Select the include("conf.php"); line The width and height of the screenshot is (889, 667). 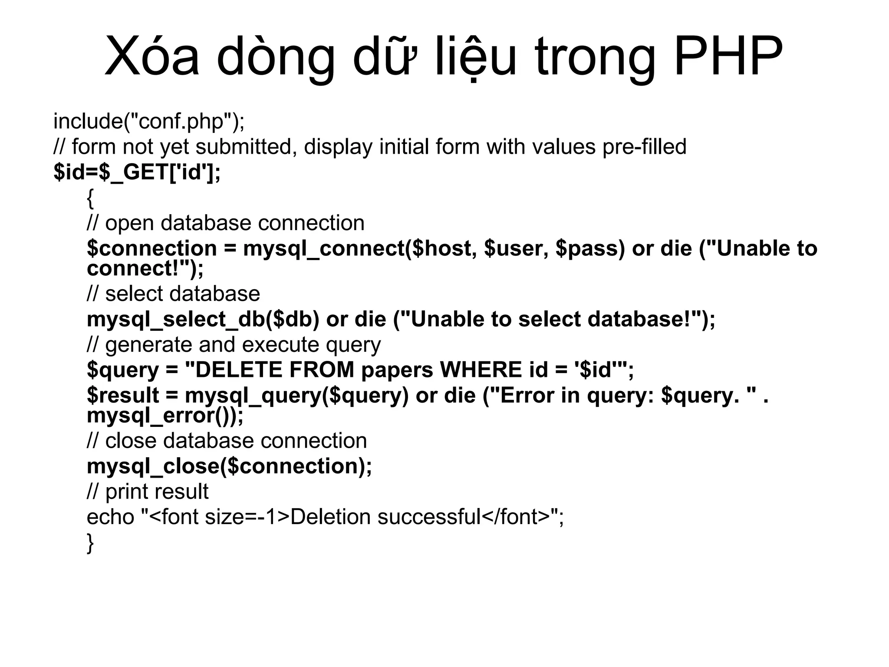pyautogui.click(x=149, y=121)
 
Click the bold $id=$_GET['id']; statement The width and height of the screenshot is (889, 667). pyautogui.click(x=137, y=172)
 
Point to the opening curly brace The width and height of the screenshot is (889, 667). pyautogui.click(x=90, y=198)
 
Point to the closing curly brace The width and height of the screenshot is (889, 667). pyautogui.click(x=90, y=543)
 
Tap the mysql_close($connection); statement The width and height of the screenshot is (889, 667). pyautogui.click(x=229, y=466)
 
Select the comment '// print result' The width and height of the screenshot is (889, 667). pyautogui.click(x=148, y=492)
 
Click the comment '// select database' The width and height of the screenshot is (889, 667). pyautogui.click(x=173, y=294)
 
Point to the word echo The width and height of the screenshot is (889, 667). pyautogui.click(x=110, y=517)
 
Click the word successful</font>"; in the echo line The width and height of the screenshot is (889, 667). pyautogui.click(x=471, y=517)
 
